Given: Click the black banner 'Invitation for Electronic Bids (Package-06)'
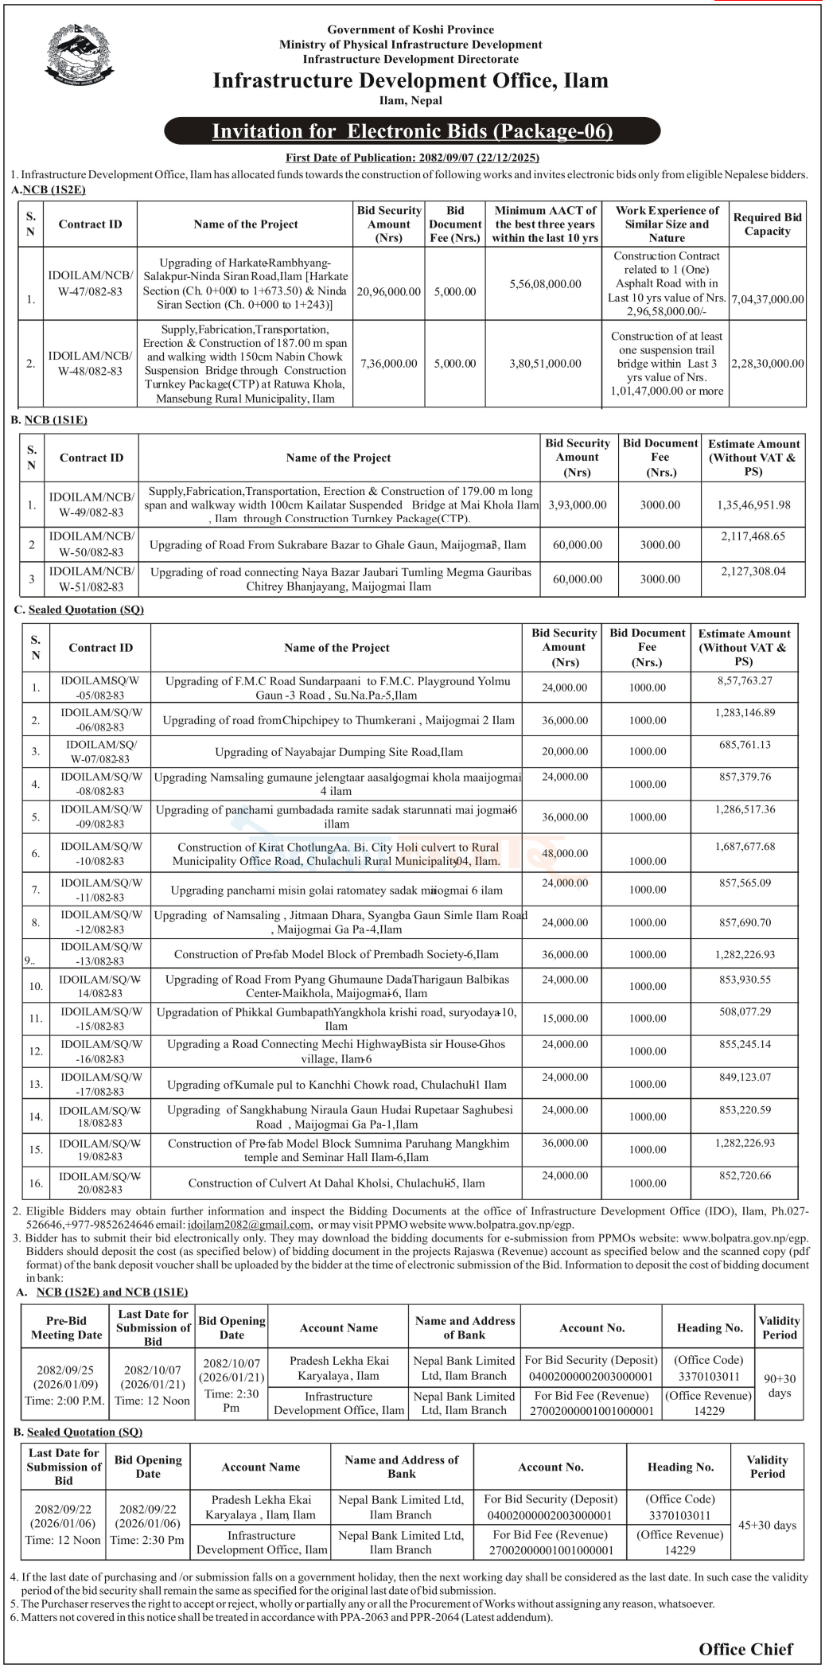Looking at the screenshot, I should click(412, 131).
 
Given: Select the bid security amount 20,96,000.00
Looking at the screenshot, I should click(388, 292).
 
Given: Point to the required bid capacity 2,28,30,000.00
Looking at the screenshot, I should click(767, 364).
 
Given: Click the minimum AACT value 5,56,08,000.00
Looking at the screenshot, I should click(545, 284).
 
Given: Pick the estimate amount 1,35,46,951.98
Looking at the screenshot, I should click(753, 505).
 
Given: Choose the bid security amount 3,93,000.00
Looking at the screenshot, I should click(577, 505).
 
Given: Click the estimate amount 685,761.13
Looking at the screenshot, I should click(743, 745).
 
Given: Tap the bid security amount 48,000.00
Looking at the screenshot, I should click(565, 853).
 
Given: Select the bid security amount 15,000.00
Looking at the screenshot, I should click(565, 1019).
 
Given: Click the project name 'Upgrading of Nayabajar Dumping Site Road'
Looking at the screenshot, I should click(338, 752).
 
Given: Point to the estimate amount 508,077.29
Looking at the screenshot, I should click(743, 1012).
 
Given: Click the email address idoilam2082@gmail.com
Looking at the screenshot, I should click(248, 1225).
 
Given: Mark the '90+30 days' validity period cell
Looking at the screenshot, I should click(779, 1385).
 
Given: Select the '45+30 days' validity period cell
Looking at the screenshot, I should click(767, 1526).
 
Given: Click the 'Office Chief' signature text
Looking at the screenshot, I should click(745, 1649).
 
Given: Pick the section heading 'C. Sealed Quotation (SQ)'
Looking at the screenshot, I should click(79, 610).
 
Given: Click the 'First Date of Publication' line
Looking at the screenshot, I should click(412, 158).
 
